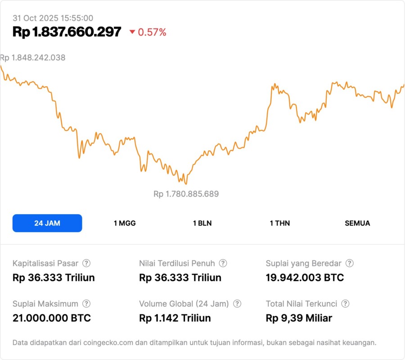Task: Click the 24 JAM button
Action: [x=47, y=223]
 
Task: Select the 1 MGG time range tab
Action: [x=125, y=223]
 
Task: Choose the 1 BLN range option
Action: [x=202, y=223]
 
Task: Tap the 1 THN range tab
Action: [x=280, y=223]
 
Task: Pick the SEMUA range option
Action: [x=357, y=223]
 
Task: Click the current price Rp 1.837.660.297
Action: [x=67, y=32]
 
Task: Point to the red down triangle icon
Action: [x=132, y=32]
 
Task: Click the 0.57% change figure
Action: [x=152, y=32]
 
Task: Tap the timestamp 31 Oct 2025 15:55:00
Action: [x=53, y=18]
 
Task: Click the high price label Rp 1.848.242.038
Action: [x=33, y=58]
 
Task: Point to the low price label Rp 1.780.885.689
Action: [x=186, y=194]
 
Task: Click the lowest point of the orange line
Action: [x=186, y=184]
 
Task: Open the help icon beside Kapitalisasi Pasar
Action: [x=86, y=263]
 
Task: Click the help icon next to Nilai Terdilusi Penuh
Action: [x=223, y=263]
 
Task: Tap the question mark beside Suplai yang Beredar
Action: [x=350, y=263]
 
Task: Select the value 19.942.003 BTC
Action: [x=305, y=278]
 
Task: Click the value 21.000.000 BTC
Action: [x=52, y=318]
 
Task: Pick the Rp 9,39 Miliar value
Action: [x=299, y=318]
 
